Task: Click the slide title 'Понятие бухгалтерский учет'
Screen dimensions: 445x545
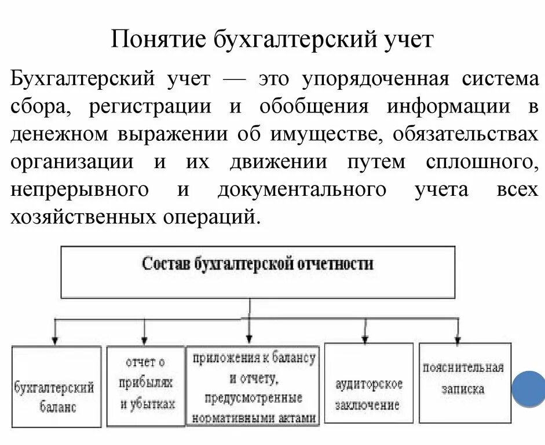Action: point(272,41)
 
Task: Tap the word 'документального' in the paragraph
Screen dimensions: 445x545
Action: point(302,189)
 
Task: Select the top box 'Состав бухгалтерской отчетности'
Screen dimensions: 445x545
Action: point(258,272)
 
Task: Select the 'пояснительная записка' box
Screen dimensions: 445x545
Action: point(464,382)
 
